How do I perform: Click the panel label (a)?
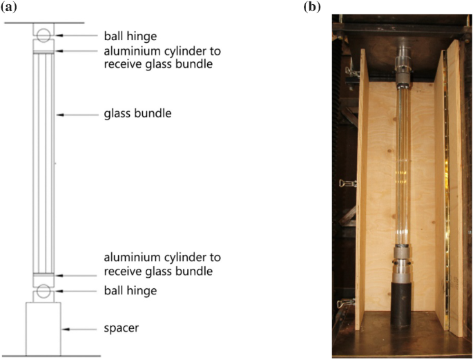[x=9, y=9]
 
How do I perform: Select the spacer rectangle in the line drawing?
[x=44, y=329]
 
